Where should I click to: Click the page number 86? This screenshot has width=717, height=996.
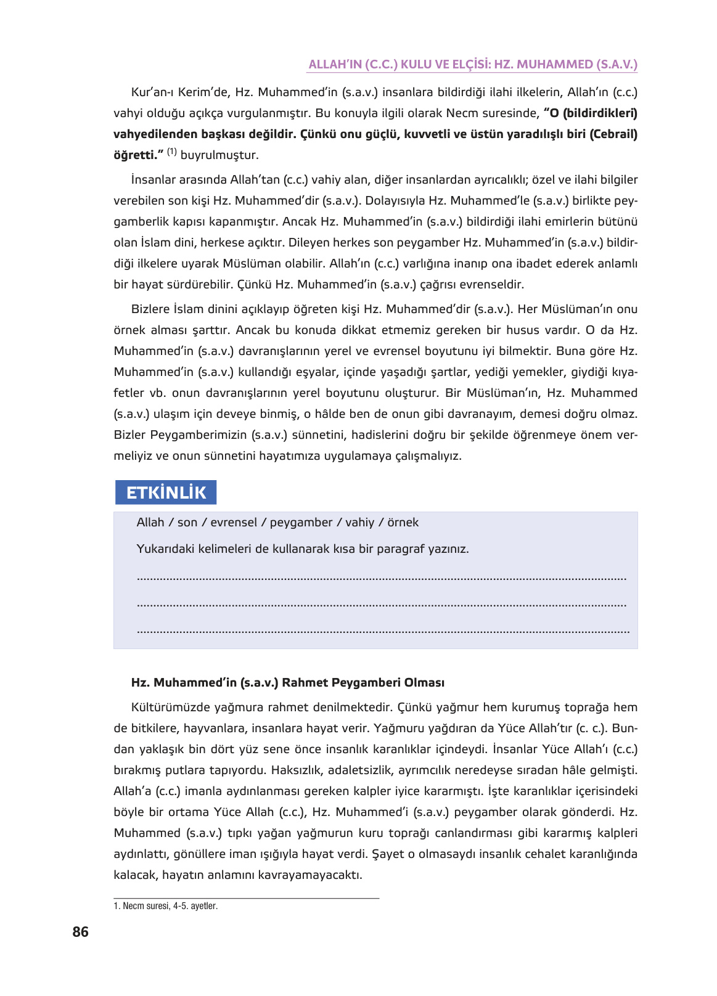coord(80,932)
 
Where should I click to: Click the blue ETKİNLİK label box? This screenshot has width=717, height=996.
coord(166,492)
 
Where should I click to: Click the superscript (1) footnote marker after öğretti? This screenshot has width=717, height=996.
coord(171,152)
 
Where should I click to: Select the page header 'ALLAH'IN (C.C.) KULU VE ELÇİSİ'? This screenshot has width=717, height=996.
coord(472,64)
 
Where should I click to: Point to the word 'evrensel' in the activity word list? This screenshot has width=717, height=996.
coord(234,523)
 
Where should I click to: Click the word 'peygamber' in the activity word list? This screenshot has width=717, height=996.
coord(301,523)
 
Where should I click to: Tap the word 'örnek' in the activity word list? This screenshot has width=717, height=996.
coord(403,523)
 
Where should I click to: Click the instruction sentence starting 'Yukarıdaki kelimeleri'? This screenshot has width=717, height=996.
coord(302,549)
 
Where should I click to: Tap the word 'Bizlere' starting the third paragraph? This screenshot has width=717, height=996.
coord(150,309)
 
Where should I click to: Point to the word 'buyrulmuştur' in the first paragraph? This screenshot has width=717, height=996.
coord(219,155)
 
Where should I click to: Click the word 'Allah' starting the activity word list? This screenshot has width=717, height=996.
coord(150,523)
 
